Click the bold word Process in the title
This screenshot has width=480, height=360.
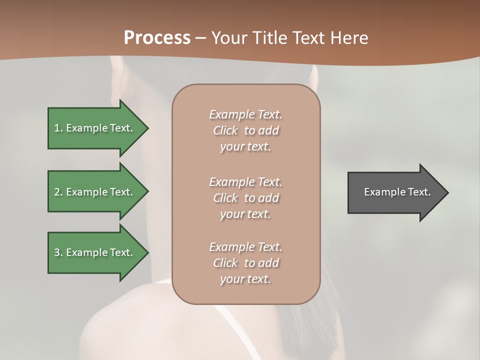tap(157, 38)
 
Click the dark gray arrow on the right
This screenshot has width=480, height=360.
tap(395, 192)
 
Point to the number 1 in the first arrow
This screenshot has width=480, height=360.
tap(57, 128)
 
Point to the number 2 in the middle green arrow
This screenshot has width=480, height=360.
tap(57, 192)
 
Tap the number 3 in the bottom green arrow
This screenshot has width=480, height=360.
tap(57, 252)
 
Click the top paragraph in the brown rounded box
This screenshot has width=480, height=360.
tap(245, 130)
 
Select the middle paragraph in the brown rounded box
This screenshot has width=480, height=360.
tap(245, 198)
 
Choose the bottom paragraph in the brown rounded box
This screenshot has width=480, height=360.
tap(245, 263)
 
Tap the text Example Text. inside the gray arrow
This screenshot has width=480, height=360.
tap(397, 192)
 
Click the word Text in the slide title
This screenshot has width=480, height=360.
tap(308, 38)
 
